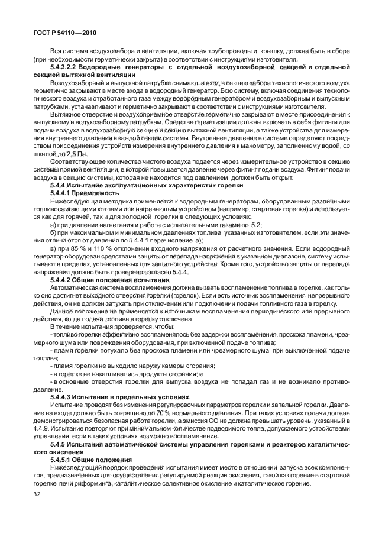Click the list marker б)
click(x=54, y=232)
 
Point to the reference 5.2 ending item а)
click(x=256, y=224)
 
